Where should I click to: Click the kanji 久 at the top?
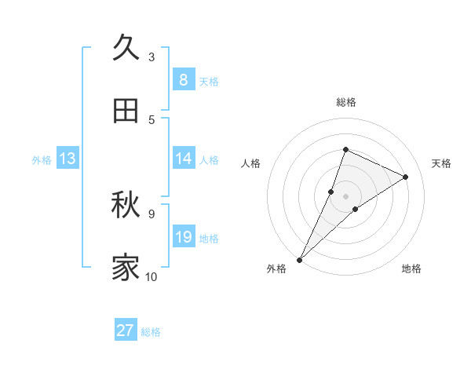point(126,48)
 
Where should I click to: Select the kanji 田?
point(126,111)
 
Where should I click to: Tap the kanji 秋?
point(126,205)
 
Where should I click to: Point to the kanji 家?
point(126,268)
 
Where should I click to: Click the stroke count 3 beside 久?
point(152,57)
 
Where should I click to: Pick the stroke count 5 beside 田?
point(152,119)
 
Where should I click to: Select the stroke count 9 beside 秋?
point(152,214)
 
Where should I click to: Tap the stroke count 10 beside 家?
point(152,276)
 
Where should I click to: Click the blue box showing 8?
point(183,79)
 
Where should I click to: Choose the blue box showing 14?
point(183,159)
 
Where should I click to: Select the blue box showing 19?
point(183,237)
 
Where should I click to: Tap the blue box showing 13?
point(68,159)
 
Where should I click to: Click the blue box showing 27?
point(126,331)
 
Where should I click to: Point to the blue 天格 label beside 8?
point(209,81)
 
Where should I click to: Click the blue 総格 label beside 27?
point(151,332)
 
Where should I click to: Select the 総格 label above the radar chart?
point(345,102)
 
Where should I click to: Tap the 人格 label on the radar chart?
point(251,163)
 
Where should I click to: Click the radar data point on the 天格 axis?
point(406,177)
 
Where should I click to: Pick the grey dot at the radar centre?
point(345,195)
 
